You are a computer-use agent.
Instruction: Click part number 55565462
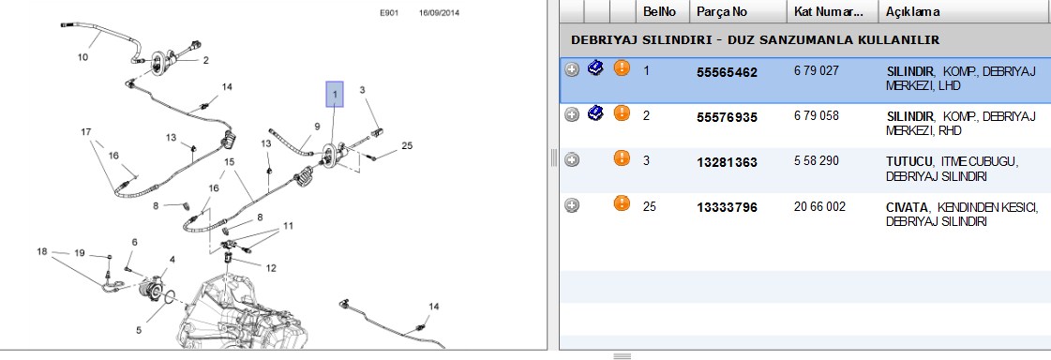pos(727,72)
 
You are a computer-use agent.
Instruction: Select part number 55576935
pos(727,117)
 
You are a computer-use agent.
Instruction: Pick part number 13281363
pos(727,162)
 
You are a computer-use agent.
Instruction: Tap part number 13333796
pos(727,208)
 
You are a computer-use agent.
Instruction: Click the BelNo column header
pos(659,11)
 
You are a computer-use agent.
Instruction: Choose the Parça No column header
pos(721,11)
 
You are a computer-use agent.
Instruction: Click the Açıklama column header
pos(912,11)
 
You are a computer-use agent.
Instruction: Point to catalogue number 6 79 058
pos(816,115)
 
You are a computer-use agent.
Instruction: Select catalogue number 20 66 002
pos(819,206)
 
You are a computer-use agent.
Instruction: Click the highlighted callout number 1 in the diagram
pos(335,95)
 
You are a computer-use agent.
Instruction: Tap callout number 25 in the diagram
pos(407,144)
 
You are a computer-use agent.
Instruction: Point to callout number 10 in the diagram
pos(83,57)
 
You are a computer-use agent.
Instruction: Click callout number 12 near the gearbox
pos(271,268)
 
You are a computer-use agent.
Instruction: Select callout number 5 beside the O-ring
pos(139,330)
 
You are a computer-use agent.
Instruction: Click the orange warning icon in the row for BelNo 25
pos(622,203)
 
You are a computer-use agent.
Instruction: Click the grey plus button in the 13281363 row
pos(571,160)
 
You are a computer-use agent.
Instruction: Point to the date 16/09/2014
pos(439,13)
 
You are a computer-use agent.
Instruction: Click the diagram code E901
pos(389,13)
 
